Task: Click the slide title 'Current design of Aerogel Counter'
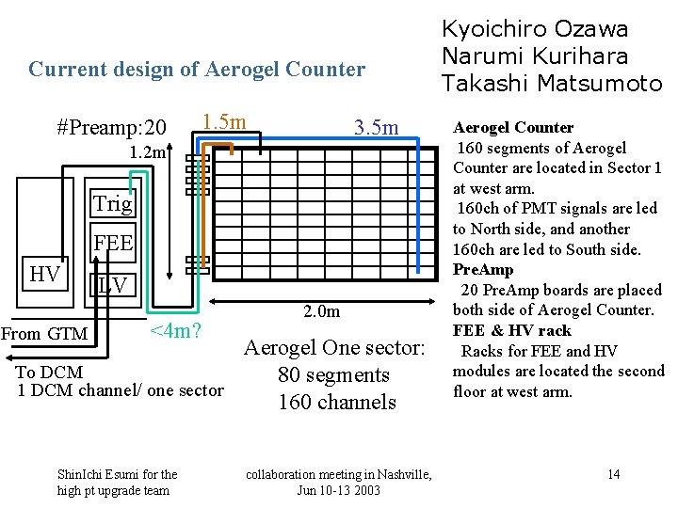click(x=197, y=69)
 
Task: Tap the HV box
click(x=44, y=275)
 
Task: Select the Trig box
click(x=112, y=203)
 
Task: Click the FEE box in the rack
click(x=112, y=244)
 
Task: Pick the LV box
click(x=112, y=284)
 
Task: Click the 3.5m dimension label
click(x=375, y=127)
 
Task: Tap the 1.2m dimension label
click(x=148, y=151)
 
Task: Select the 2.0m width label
click(x=321, y=311)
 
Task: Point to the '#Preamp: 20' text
click(x=112, y=127)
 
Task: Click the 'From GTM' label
click(x=44, y=333)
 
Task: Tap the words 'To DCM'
click(x=49, y=373)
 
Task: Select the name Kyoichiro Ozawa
click(x=535, y=29)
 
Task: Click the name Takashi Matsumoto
click(x=552, y=84)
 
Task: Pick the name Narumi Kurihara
click(x=536, y=56)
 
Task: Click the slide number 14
click(x=613, y=473)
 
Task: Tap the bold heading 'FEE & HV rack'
click(x=511, y=330)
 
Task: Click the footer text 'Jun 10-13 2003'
click(x=339, y=490)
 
